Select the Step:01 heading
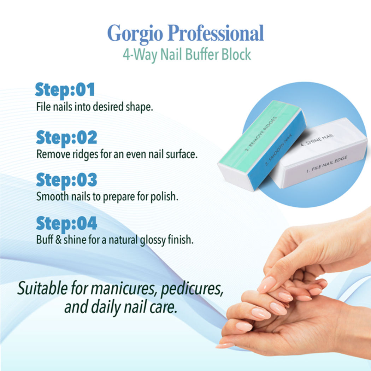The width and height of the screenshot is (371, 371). (65, 90)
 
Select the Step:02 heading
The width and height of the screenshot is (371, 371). (66, 138)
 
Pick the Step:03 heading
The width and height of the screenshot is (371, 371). (66, 180)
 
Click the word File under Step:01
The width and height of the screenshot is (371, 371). (43, 107)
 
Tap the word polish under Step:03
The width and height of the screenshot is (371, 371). (163, 196)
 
